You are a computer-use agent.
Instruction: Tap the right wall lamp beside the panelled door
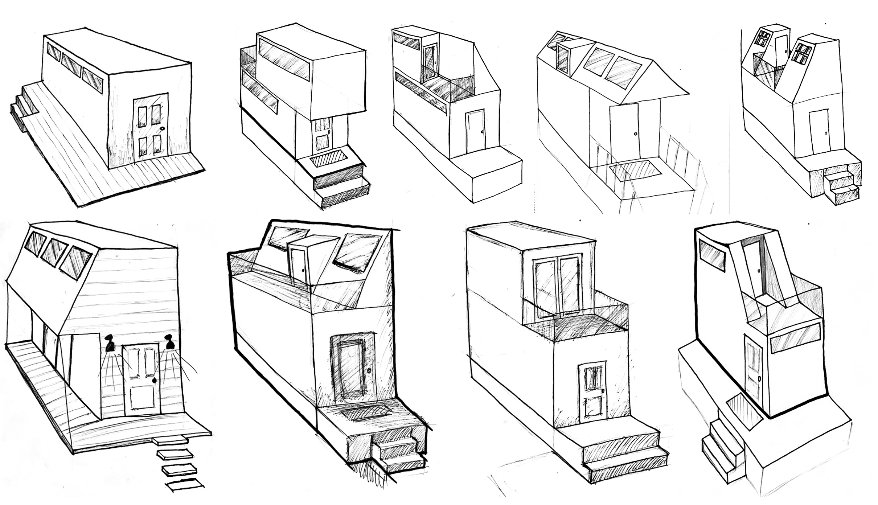(x=169, y=342)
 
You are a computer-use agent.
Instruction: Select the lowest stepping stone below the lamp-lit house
(x=184, y=485)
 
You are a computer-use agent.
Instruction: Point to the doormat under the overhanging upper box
(x=329, y=159)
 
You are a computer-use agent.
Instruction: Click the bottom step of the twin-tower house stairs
(x=846, y=194)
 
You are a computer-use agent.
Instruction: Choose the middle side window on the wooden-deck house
(x=71, y=65)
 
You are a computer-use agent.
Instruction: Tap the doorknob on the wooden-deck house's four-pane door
(x=162, y=128)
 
